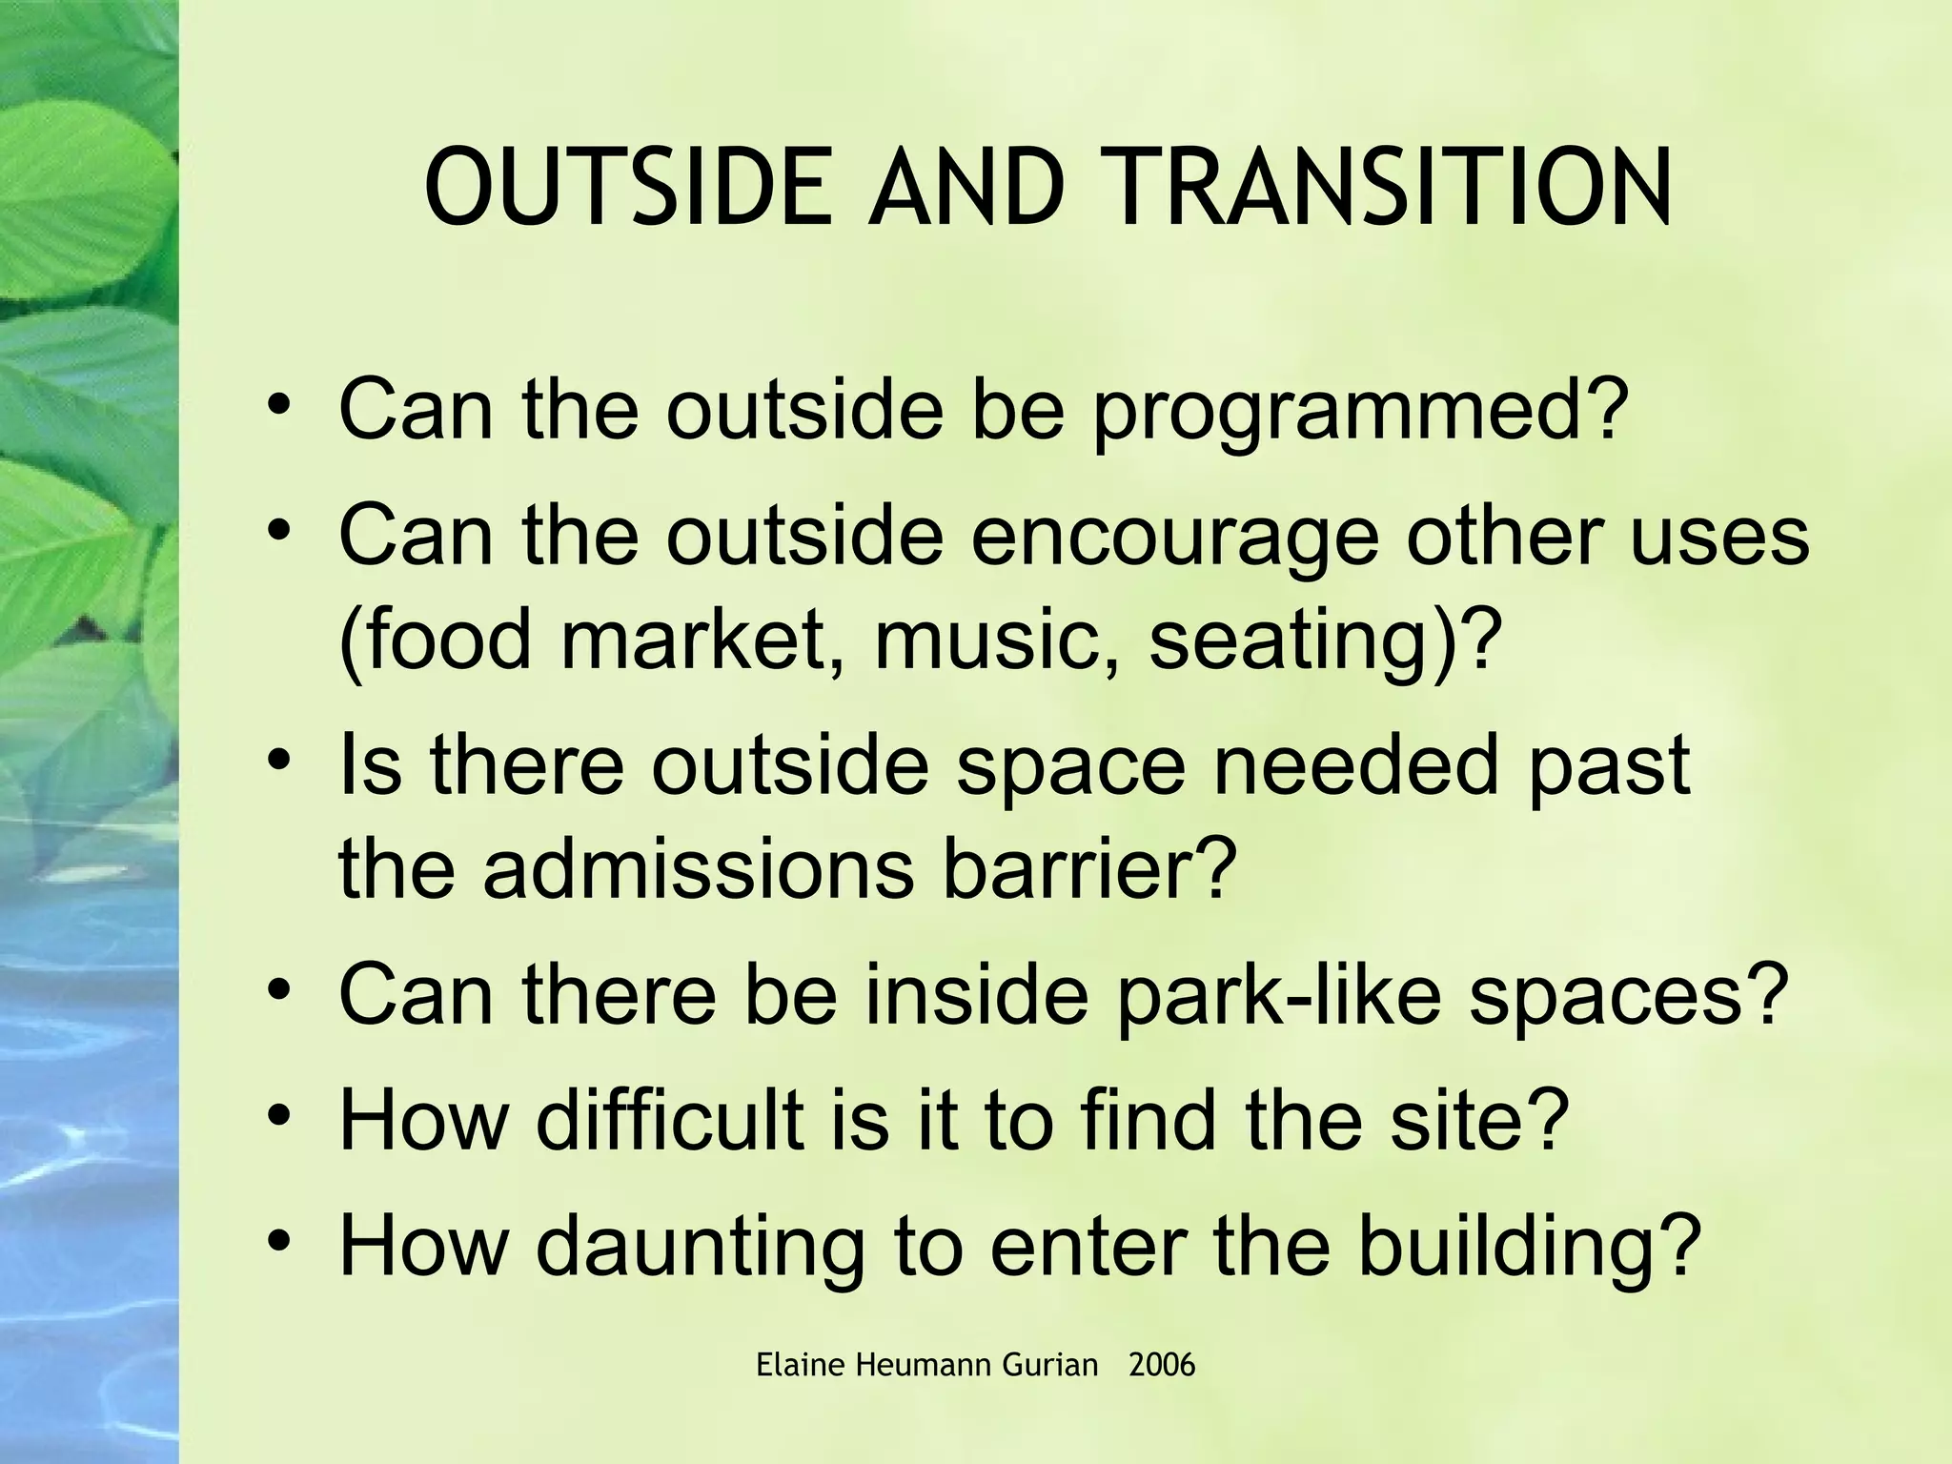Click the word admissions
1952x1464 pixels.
click(698, 869)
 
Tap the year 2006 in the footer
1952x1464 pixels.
click(1161, 1366)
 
